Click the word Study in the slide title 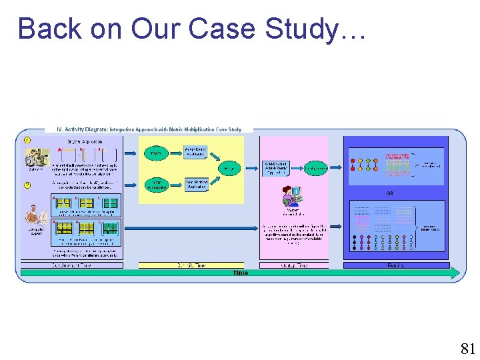(301, 29)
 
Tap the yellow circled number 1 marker (27, 141)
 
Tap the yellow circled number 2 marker (27, 185)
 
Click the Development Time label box (72, 265)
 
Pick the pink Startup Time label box (293, 265)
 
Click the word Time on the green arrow (240, 273)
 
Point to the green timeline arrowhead (454, 273)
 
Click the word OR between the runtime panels (391, 193)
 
